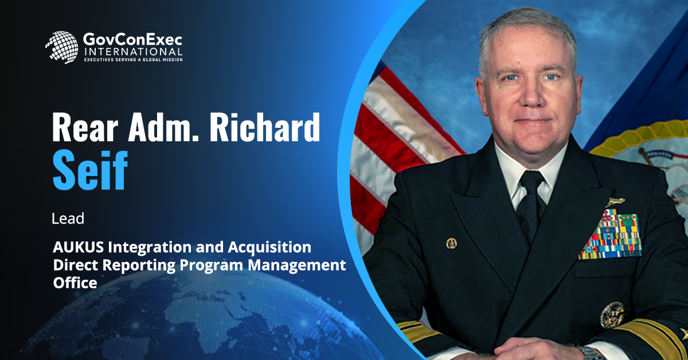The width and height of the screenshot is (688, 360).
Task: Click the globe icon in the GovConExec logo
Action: tap(62, 47)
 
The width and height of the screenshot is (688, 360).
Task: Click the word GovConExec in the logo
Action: tap(132, 40)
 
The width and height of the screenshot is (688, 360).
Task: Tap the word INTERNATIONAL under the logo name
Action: tap(133, 51)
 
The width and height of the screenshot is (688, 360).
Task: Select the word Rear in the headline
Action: tap(85, 127)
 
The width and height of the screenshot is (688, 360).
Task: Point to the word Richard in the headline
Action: tap(265, 127)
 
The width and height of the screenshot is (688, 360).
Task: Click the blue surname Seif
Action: tap(90, 171)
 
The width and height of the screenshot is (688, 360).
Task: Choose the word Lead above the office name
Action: tap(68, 219)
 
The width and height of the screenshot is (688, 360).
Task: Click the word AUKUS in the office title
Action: tap(79, 247)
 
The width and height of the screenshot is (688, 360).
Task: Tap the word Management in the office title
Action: tap(297, 265)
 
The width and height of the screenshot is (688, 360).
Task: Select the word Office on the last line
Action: tap(75, 283)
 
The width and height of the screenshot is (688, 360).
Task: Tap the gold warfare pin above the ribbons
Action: tap(616, 202)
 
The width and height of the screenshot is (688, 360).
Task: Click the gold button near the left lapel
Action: tap(452, 244)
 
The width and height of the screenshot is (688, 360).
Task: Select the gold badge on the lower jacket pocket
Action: tap(612, 315)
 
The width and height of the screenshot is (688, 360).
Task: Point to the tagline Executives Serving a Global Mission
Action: tap(133, 60)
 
